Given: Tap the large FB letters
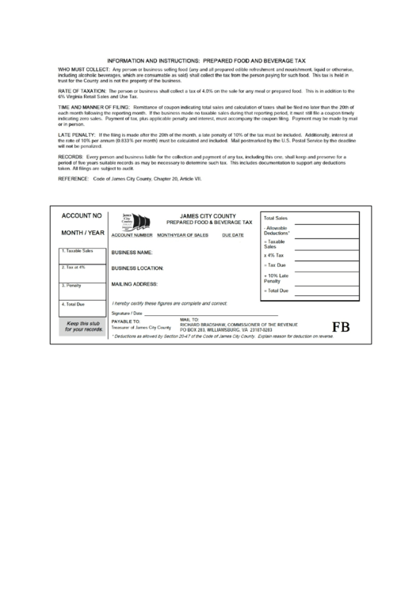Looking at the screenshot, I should click(x=341, y=326).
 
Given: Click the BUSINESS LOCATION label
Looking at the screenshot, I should click(x=137, y=268).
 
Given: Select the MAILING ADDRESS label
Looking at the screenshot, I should click(x=135, y=283).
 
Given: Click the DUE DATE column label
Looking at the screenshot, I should click(x=233, y=236).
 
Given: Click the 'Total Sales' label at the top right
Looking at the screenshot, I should click(x=275, y=216).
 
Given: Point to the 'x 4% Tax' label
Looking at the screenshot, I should click(x=274, y=257).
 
